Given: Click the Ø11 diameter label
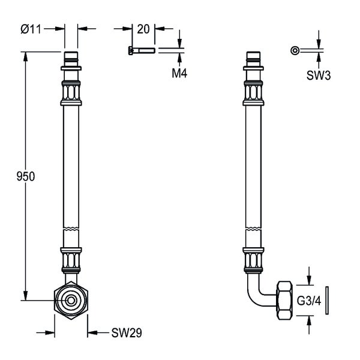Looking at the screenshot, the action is coord(31,29).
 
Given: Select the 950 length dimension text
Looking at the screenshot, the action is coord(26,176).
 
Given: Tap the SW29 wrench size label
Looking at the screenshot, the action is coord(127,332).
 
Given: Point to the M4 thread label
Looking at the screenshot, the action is coord(179,73).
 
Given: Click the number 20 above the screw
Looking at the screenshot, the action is coord(143,29).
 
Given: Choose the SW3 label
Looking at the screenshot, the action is coord(319,75).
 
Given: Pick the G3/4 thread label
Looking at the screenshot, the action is coord(309,301).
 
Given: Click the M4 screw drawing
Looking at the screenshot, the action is coord(142,50).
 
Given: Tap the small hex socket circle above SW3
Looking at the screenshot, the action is coord(295,50).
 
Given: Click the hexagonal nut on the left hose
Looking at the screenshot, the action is coord(71,300).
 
